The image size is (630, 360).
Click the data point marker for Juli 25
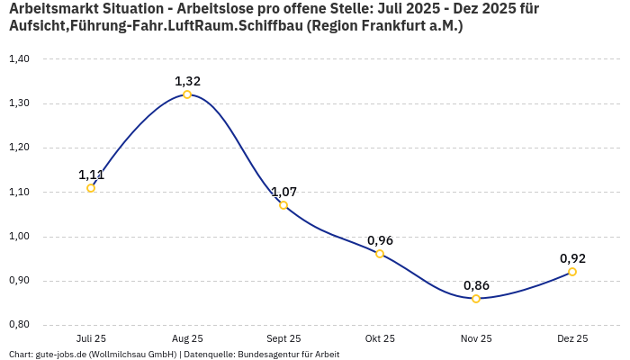(x=91, y=188)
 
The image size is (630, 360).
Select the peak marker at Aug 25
(x=187, y=94)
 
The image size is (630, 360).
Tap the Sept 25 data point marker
(x=283, y=205)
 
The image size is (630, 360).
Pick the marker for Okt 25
(x=380, y=254)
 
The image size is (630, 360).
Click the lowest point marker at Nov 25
(x=476, y=299)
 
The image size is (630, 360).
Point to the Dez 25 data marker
(x=572, y=272)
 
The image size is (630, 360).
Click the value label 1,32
(x=187, y=81)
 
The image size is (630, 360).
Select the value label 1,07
(x=283, y=192)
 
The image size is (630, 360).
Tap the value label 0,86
(x=476, y=285)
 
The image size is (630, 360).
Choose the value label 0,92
(x=572, y=258)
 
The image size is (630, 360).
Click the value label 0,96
(x=380, y=240)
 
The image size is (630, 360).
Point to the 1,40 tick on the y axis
(x=19, y=59)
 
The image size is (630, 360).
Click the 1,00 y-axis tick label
(x=19, y=237)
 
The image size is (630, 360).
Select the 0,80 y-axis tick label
(x=19, y=325)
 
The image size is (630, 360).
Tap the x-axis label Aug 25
(x=187, y=339)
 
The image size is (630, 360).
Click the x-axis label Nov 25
(x=476, y=339)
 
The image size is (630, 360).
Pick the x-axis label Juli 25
(x=91, y=339)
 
